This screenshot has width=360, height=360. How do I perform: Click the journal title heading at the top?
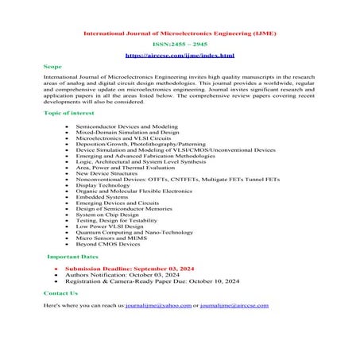click(x=180, y=34)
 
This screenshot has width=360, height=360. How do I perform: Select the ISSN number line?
click(x=180, y=45)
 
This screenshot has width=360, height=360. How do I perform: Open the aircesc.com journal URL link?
click(x=180, y=56)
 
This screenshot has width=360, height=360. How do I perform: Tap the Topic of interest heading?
click(x=68, y=114)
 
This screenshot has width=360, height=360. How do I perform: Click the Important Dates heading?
click(x=73, y=257)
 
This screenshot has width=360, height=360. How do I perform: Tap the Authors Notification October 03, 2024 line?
click(x=130, y=275)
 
